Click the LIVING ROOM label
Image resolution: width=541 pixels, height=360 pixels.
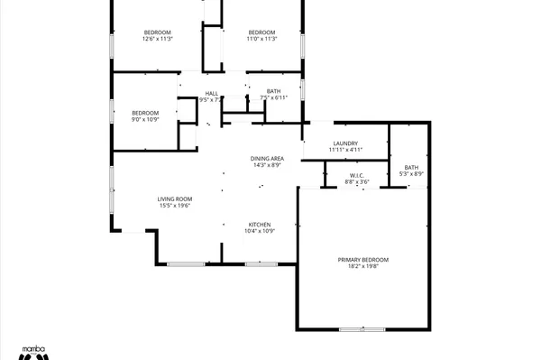tap(176, 198)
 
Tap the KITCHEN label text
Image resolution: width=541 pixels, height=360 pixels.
tap(260, 225)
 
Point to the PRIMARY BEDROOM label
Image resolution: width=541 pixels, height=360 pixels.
tap(363, 260)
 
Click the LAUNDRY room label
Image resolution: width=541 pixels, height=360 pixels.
tap(345, 143)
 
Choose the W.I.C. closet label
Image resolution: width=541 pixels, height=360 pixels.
tap(358, 176)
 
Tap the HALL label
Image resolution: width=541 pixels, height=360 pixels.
tap(212, 93)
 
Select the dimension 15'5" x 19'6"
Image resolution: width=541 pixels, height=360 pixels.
tap(176, 206)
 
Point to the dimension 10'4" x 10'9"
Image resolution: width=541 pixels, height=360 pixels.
tap(260, 232)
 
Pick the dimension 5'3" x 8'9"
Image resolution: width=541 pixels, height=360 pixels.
tap(411, 174)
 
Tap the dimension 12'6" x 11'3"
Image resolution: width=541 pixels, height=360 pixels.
tap(157, 39)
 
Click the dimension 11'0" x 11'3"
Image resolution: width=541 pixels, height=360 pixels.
tap(261, 39)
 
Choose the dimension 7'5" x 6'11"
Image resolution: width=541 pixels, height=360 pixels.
tap(274, 97)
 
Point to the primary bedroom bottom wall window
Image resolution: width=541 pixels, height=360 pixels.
tap(362, 329)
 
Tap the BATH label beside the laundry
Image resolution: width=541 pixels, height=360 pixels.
tap(411, 167)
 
